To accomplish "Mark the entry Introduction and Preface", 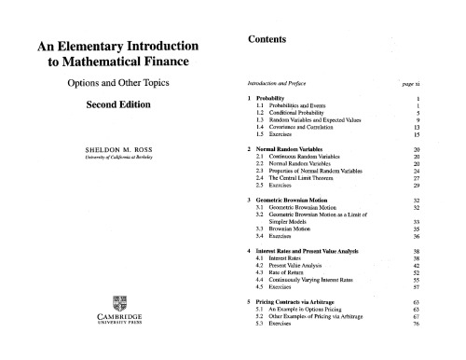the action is point(277,82).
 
